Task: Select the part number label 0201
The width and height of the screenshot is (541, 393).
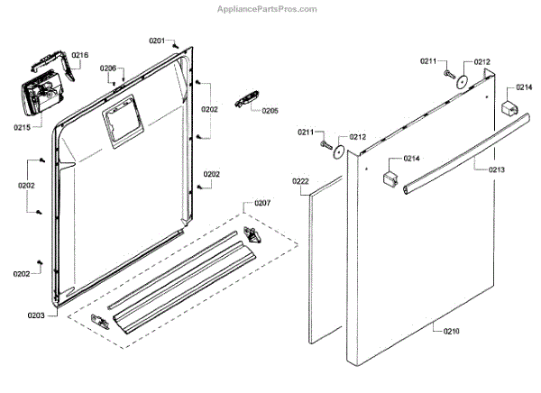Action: coord(158,41)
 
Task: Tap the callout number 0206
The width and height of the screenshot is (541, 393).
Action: coord(108,69)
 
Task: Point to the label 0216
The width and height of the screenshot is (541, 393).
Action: coord(80,55)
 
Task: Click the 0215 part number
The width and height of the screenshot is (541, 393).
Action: coord(23,127)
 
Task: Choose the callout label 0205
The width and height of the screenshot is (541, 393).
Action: coord(270,110)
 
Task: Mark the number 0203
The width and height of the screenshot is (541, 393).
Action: coord(36,315)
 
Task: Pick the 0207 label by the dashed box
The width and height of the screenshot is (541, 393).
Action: coord(262,204)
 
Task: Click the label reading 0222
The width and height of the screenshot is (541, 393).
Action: coord(301,181)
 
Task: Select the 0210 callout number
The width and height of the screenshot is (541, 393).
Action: coord(451,332)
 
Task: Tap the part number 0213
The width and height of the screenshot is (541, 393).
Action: coord(497,169)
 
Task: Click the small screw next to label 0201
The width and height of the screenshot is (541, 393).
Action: coord(177,43)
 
